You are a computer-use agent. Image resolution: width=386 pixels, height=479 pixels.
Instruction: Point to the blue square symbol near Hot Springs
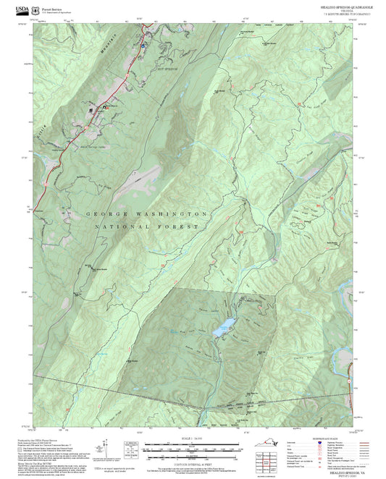[143, 45]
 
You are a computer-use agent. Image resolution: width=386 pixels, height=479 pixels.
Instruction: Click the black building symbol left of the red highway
[91, 110]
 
